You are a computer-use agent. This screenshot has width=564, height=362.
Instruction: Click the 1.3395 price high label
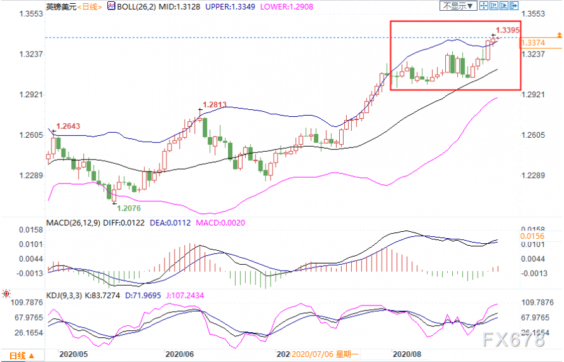[x=508, y=30]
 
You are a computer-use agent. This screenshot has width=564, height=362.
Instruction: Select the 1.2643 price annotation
[x=69, y=126]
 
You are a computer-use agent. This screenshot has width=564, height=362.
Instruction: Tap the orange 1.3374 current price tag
[x=532, y=43]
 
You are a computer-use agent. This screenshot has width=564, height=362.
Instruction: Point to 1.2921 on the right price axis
[x=534, y=94]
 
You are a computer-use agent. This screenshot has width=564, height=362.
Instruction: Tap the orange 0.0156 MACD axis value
[x=531, y=236]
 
